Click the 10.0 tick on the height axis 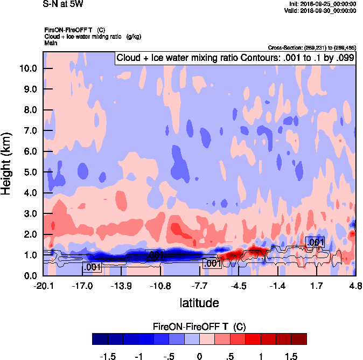pos(28,68)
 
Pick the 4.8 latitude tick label pos(355,286)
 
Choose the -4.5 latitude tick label pos(239,286)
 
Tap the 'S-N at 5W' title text pos(62,4)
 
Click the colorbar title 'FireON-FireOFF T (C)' pos(199,327)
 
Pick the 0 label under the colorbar pos(199,357)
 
